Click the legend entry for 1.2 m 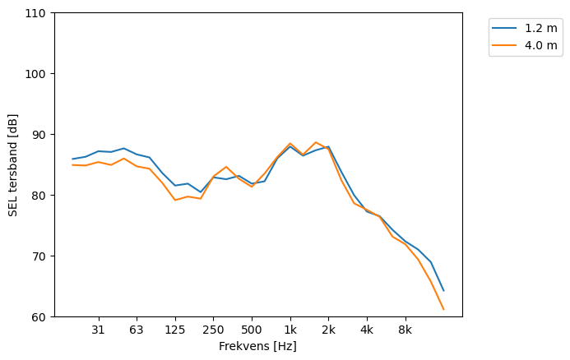tap(535, 28)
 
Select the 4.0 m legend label tap(535, 45)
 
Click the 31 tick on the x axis tap(98, 330)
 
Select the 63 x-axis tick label tap(137, 330)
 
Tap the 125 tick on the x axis tap(174, 330)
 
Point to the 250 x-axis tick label tap(213, 330)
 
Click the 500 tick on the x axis tap(252, 330)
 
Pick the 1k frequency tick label tap(290, 330)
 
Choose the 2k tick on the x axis tap(328, 330)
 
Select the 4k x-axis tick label tap(367, 330)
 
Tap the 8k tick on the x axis tap(405, 330)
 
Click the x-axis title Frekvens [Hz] tap(257, 347)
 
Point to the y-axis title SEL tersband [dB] tap(12, 164)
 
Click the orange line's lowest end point tap(443, 309)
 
